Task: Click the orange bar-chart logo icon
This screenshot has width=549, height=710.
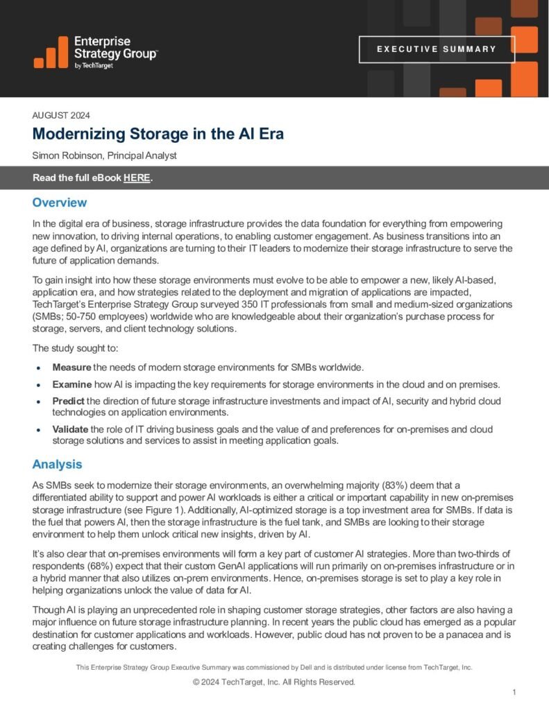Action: tap(51, 53)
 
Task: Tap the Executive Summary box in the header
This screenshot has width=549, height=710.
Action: tap(437, 49)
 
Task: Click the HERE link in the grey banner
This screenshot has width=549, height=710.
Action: tap(137, 178)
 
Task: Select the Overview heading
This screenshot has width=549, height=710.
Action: tap(60, 202)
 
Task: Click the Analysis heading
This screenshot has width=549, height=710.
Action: tap(58, 464)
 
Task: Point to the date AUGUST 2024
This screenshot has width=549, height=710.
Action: tap(61, 116)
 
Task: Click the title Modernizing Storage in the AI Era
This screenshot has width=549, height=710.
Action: tap(158, 134)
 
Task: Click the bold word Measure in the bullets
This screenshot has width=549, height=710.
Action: tap(71, 367)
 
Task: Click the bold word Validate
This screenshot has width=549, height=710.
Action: tap(71, 430)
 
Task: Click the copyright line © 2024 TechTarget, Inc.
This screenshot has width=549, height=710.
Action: tap(274, 682)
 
